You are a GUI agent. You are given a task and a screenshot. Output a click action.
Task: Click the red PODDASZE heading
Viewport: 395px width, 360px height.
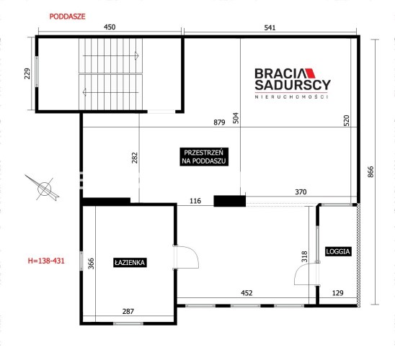[x=67, y=17]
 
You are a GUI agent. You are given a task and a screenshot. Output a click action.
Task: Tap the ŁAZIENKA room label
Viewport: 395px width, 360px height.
[x=130, y=263]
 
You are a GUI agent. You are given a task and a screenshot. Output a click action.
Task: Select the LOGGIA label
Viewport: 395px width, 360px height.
[x=338, y=251]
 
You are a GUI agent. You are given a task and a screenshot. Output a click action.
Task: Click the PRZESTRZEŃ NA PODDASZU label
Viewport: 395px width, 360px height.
[x=204, y=157]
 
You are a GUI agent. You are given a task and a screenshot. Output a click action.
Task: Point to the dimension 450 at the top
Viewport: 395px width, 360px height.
[x=110, y=27]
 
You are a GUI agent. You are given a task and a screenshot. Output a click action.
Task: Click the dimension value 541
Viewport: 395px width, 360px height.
[x=270, y=27]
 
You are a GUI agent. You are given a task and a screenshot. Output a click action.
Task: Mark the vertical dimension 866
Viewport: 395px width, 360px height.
[x=370, y=172]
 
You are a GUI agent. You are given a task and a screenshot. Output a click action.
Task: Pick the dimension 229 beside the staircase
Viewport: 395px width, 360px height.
[x=27, y=73]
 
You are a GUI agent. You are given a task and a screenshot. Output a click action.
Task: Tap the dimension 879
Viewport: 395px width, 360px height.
[x=219, y=122]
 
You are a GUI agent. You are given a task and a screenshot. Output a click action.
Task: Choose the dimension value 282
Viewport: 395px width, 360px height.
[x=135, y=158]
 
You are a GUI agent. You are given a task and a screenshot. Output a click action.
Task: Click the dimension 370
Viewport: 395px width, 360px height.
[x=301, y=192]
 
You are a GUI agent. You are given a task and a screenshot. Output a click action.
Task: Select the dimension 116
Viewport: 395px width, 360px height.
[x=195, y=201]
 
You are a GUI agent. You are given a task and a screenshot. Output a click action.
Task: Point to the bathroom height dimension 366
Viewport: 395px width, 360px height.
[x=92, y=264]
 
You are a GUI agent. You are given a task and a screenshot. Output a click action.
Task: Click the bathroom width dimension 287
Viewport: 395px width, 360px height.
[x=128, y=312]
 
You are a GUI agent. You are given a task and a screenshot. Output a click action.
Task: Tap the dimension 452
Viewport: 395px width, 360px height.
[x=247, y=293]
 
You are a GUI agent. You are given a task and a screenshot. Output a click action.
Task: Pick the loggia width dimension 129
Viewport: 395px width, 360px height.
[x=338, y=293]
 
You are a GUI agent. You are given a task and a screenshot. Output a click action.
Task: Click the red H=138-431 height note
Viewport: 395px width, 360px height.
[x=46, y=261]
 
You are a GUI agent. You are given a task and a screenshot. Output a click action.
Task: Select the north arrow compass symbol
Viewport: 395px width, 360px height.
[x=43, y=188]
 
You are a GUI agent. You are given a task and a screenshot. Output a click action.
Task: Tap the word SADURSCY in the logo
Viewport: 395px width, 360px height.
[x=293, y=85]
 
